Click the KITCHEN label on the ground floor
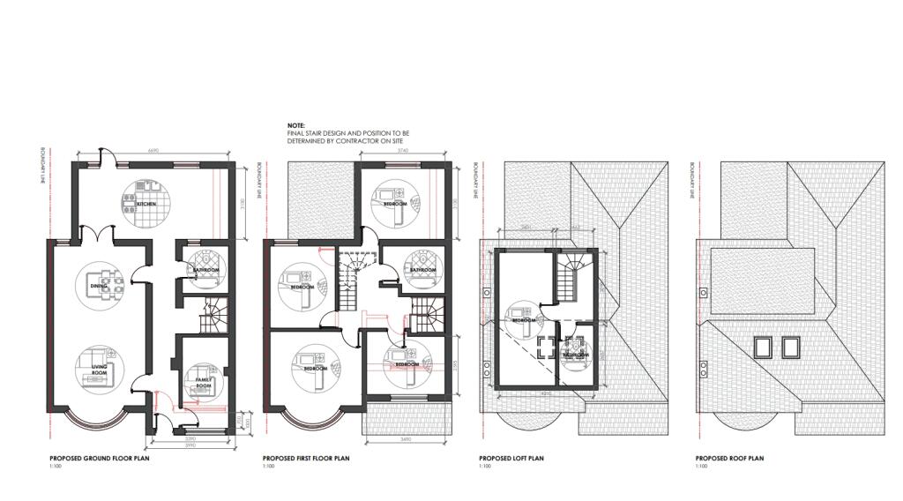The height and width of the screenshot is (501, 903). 146,204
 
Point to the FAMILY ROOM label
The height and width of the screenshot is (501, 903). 203,384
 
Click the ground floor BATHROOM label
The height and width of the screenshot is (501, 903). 206,270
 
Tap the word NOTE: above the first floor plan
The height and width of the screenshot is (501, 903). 295,126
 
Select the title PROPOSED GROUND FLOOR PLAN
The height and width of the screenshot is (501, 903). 97,459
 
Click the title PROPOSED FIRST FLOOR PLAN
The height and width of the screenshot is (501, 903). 306,459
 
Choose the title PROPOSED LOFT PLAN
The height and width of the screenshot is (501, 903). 511,459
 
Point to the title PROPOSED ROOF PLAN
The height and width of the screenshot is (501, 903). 729,459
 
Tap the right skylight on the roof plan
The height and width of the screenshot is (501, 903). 791,347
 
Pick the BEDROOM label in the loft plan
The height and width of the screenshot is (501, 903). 524,319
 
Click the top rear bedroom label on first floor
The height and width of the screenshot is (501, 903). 394,203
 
